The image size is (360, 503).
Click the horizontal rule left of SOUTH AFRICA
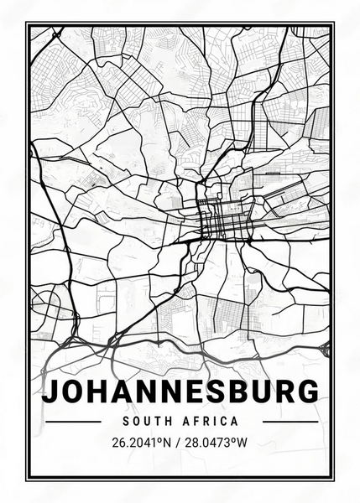pos(70,421)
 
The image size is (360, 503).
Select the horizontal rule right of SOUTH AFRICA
pos(290,421)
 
